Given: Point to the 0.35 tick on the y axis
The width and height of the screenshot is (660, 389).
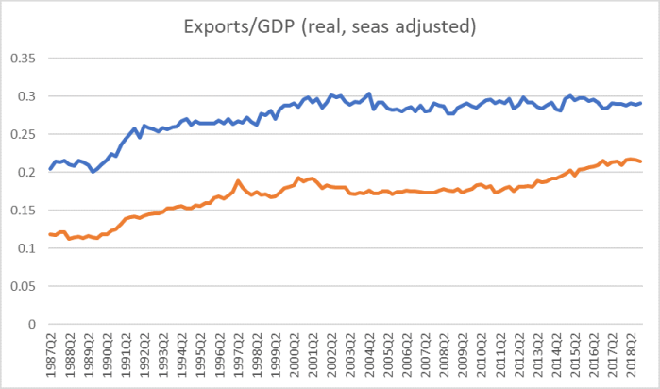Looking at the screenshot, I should (20, 59).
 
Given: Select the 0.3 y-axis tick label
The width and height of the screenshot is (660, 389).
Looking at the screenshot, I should (24, 96).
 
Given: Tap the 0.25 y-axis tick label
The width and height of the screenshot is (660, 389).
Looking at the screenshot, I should (20, 134).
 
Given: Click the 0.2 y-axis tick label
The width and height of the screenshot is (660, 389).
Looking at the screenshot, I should (24, 173).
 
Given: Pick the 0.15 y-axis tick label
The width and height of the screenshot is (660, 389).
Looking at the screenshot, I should (20, 211).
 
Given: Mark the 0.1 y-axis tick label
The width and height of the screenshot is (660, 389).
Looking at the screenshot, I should (24, 248).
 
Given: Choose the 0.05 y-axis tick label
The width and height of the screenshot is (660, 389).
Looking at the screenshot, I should (20, 286).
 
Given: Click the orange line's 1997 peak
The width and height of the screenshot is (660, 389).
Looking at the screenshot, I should (238, 180).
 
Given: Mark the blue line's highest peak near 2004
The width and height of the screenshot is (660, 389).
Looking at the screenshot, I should (368, 93).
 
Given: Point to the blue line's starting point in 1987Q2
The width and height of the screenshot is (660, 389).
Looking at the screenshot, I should (50, 169).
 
